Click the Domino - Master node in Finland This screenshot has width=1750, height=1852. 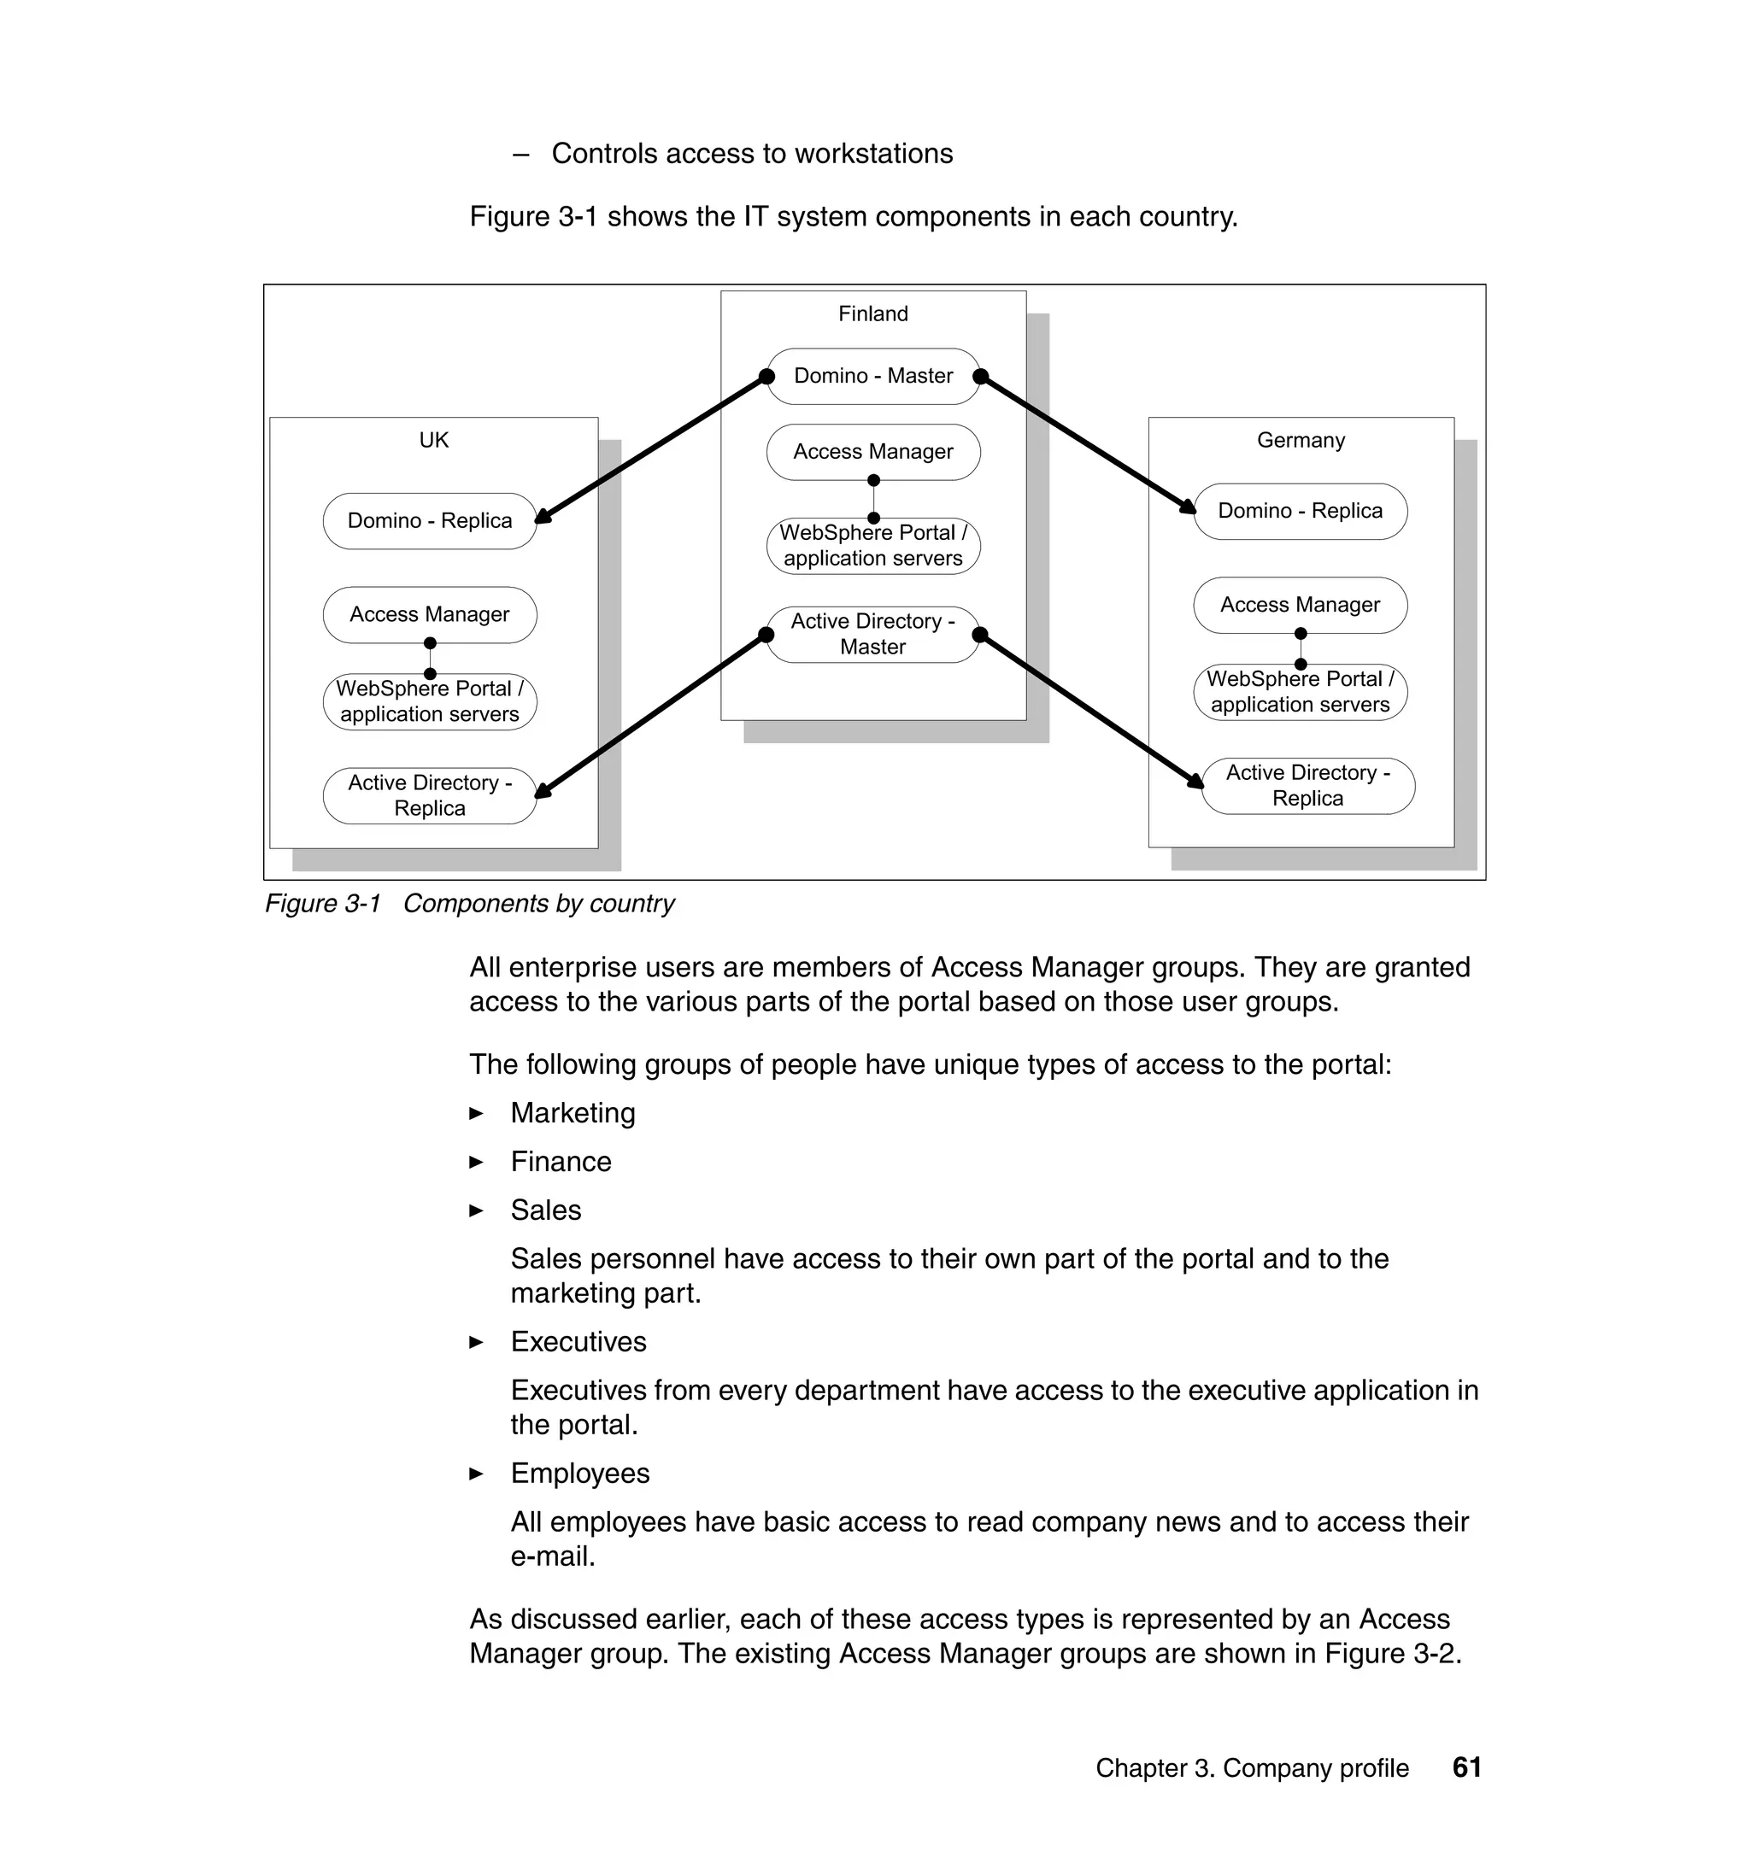pos(873,377)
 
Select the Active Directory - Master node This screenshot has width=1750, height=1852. pos(873,635)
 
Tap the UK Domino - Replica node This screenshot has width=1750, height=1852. pos(430,521)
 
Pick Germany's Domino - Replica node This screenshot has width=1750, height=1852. pos(1301,511)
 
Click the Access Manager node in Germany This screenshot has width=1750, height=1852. pos(1301,605)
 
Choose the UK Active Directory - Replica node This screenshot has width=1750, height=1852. pos(430,795)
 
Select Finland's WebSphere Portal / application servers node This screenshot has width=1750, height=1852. pos(873,547)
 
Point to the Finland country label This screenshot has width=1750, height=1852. pos(873,314)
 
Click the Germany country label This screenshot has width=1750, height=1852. pos(1301,440)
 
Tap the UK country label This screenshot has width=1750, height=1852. pos(434,440)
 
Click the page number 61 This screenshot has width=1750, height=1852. pos(1466,1767)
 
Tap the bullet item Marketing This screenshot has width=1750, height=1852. pos(573,1113)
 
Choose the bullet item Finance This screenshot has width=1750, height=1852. pos(561,1162)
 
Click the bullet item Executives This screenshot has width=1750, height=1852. pos(578,1342)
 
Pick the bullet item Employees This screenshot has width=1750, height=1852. pos(579,1474)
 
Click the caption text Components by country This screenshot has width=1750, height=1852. pos(538,904)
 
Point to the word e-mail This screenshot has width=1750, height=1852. pos(552,1556)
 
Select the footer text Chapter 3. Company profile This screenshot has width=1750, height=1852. pos(1252,1768)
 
